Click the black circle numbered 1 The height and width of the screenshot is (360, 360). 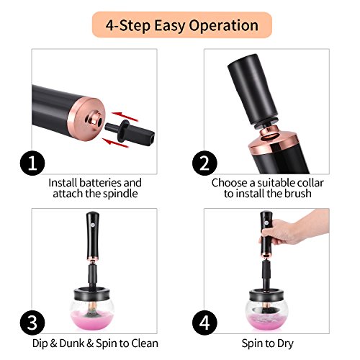[x=32, y=163]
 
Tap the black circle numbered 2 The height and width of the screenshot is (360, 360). [x=204, y=163]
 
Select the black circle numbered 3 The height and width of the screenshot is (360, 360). [x=32, y=323]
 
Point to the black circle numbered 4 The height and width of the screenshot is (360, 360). [x=204, y=323]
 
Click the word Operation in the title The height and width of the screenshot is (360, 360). [x=224, y=26]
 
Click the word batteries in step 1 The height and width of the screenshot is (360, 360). [x=101, y=183]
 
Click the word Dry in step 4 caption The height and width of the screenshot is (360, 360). [x=285, y=343]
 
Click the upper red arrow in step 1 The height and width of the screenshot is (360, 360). [x=125, y=116]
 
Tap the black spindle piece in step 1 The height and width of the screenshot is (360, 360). [x=130, y=132]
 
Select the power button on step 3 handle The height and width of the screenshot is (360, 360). [x=93, y=225]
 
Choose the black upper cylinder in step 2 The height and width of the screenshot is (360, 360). [x=253, y=89]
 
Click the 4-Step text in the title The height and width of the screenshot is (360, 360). [x=128, y=25]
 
